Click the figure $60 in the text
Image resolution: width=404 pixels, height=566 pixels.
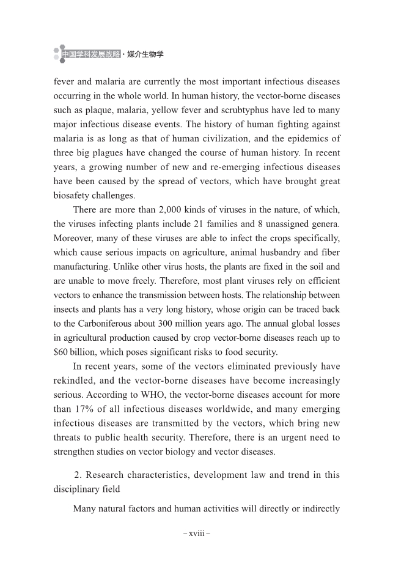coord(62,351)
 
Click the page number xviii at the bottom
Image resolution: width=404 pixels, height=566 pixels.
coord(197,532)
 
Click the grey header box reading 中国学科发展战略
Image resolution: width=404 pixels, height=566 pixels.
coord(91,54)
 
